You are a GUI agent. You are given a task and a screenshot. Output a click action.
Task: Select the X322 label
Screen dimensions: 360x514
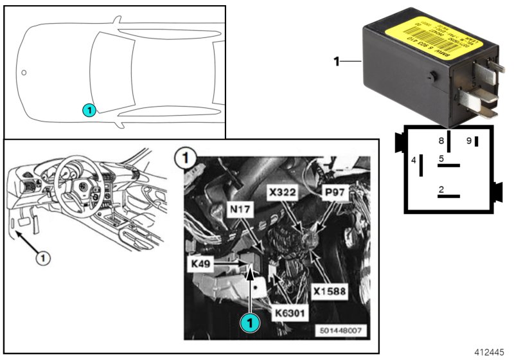click(284, 192)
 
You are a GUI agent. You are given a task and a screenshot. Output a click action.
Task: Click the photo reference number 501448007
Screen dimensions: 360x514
click(338, 332)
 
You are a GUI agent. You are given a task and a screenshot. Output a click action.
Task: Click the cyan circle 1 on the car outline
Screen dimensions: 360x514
click(89, 111)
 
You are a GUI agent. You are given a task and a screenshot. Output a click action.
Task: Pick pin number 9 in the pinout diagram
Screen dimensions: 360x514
click(468, 139)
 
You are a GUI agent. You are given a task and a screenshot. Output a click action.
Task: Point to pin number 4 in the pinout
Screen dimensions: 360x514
click(414, 159)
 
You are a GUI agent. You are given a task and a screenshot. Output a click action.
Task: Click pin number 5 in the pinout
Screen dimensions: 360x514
click(441, 158)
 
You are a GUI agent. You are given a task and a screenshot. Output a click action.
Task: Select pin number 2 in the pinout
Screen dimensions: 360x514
click(441, 189)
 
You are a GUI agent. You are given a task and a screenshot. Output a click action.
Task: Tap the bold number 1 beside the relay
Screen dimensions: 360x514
click(336, 62)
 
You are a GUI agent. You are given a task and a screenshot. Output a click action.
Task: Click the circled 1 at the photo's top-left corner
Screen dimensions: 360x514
click(185, 156)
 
